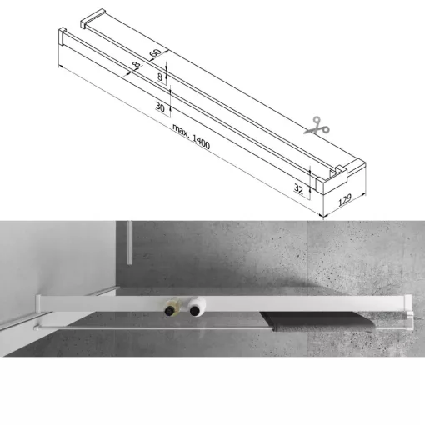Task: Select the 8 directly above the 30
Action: coord(161,77)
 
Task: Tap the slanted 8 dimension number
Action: coord(136,66)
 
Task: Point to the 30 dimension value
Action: coord(159,107)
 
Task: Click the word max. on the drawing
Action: coord(181,132)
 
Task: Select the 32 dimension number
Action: coord(298,187)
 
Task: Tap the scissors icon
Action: coord(316,127)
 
